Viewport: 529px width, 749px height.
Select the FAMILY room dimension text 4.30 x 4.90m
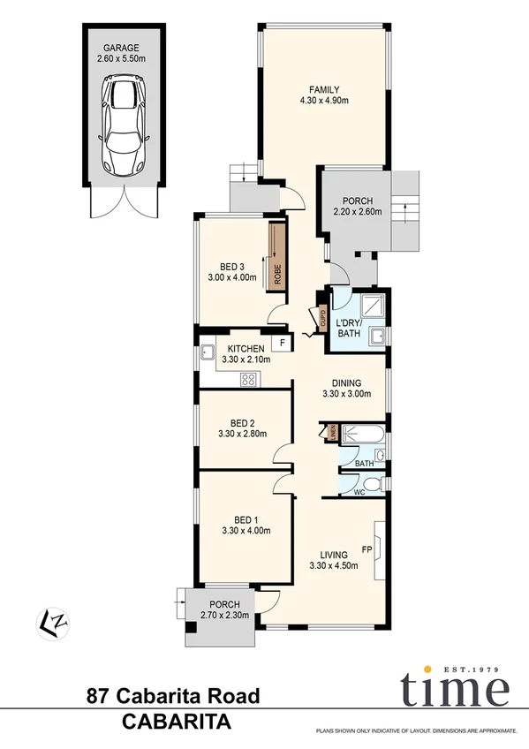point(323,101)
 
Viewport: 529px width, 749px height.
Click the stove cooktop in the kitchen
point(249,380)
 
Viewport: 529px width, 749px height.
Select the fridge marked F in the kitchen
point(282,343)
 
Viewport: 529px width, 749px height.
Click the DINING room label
point(340,382)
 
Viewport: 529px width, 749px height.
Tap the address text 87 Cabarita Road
point(173,697)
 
